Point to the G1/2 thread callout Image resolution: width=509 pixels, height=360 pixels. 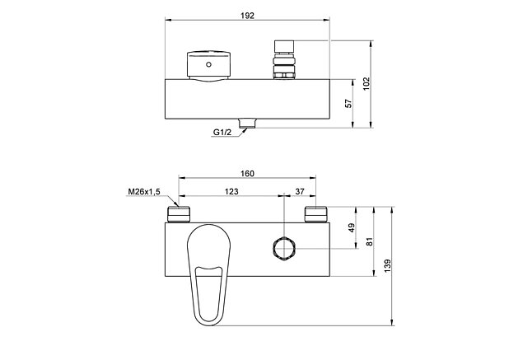[221, 133]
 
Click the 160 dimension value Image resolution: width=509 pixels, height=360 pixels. [248, 173]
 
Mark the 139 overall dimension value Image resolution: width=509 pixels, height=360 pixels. [387, 265]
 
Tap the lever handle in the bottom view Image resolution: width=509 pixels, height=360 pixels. [208, 272]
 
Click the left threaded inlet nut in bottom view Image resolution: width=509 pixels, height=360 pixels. [179, 215]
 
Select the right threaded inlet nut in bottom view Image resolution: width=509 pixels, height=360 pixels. [317, 215]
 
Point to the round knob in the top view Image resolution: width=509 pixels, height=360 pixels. [209, 64]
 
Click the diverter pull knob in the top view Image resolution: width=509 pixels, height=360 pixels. [283, 56]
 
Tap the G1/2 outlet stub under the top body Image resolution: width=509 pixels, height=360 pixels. [248, 125]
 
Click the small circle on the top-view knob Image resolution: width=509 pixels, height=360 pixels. [209, 64]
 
